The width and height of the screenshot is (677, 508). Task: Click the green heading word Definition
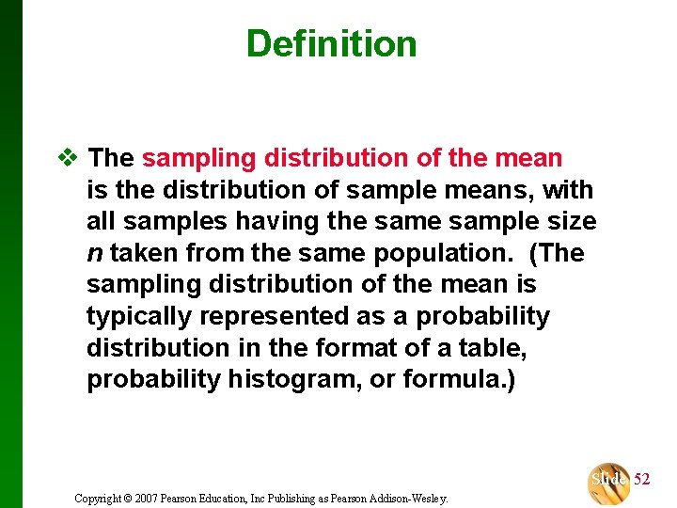click(x=331, y=43)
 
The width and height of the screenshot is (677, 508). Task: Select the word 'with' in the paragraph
click(x=568, y=190)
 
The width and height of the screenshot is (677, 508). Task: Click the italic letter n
click(x=94, y=254)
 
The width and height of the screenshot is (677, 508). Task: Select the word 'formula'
click(x=456, y=381)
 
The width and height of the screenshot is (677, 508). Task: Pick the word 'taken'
click(x=144, y=254)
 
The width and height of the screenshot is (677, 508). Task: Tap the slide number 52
click(x=641, y=480)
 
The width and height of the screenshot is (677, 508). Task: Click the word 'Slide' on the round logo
click(x=609, y=480)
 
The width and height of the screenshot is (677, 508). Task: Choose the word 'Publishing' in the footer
click(x=285, y=498)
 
